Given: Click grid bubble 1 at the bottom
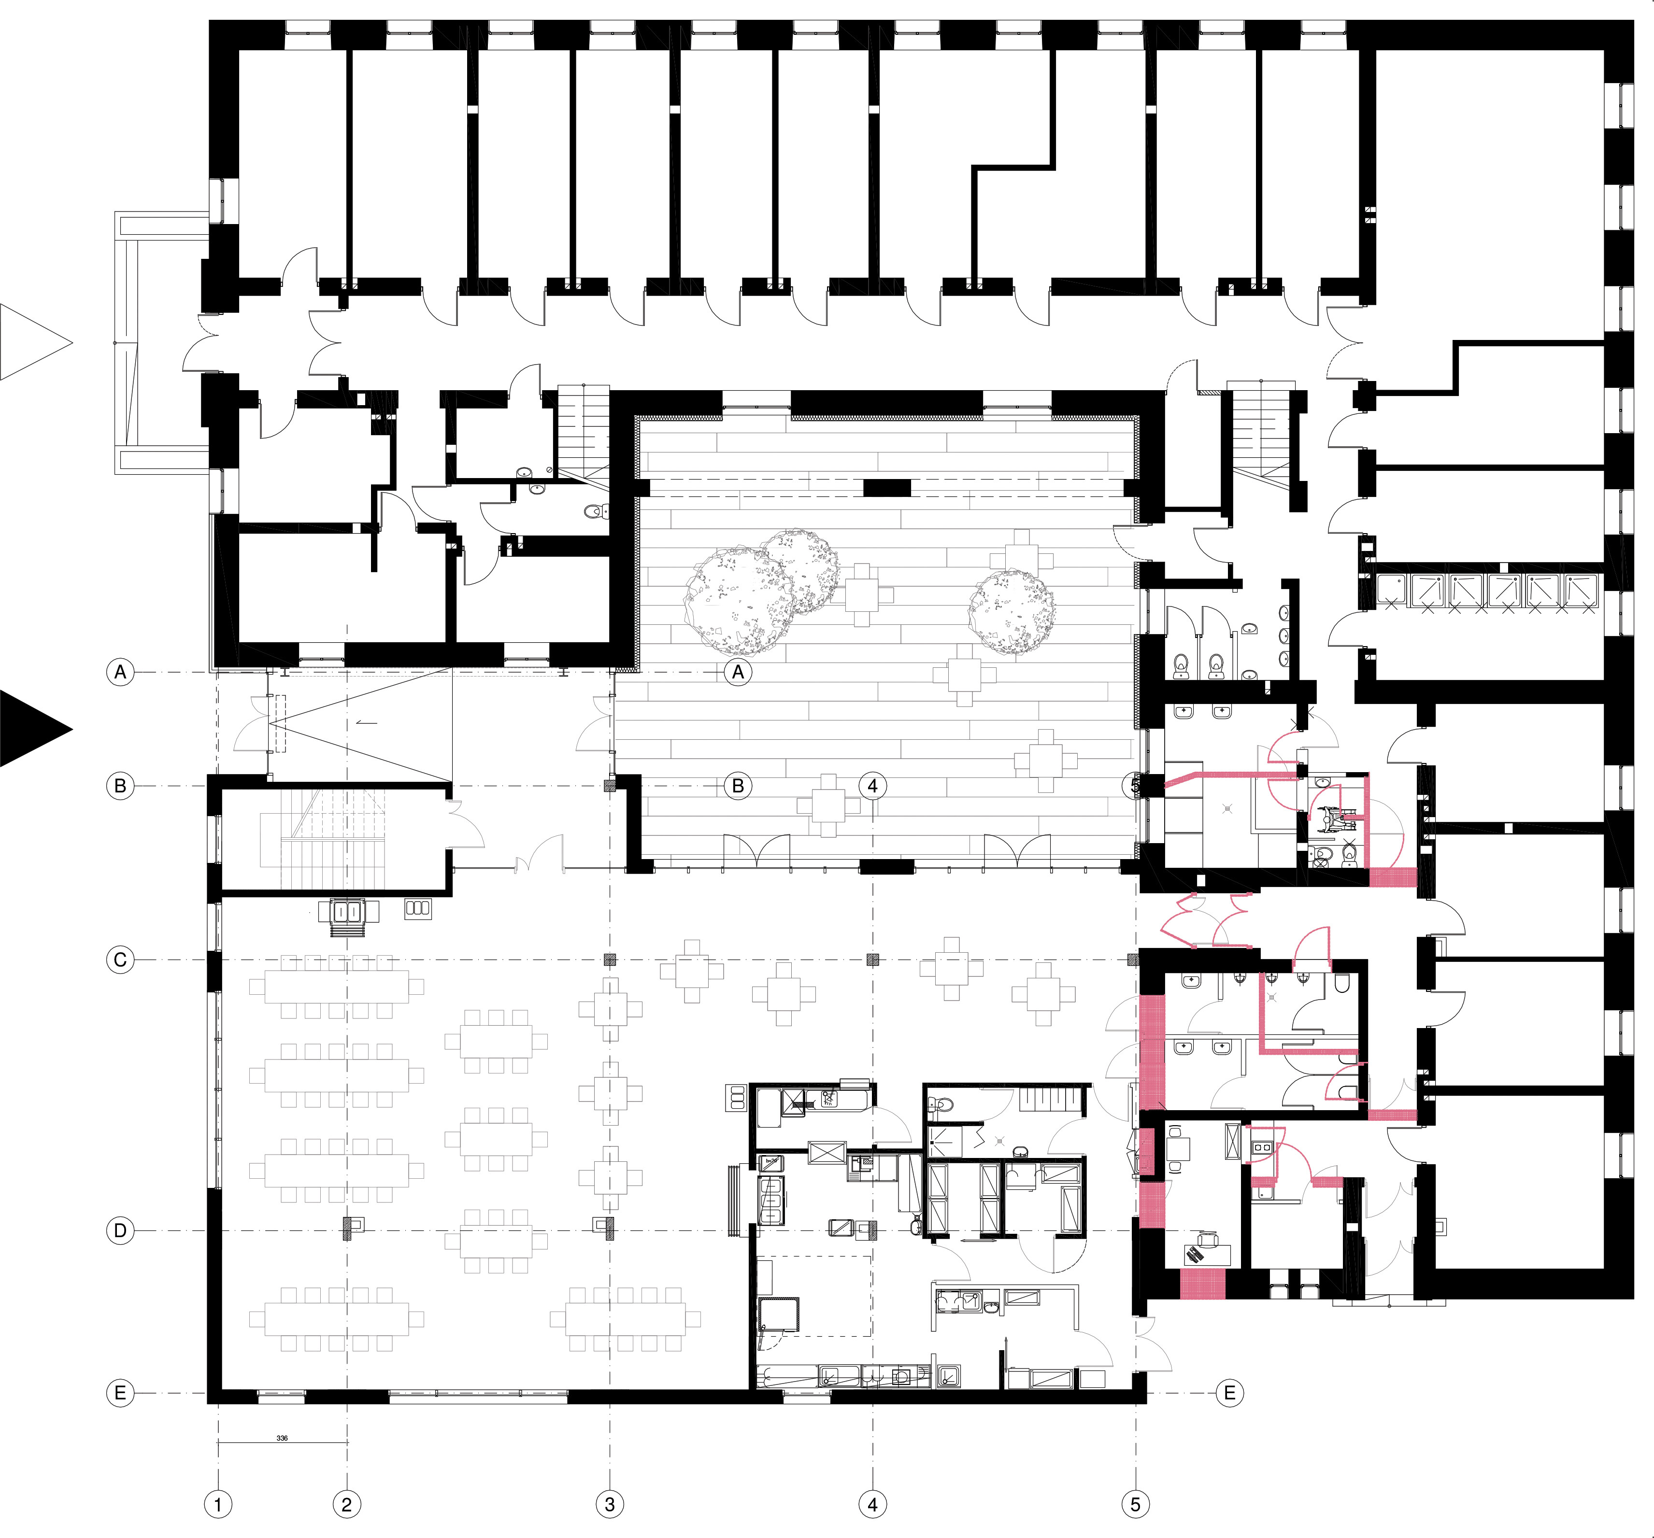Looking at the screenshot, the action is click(218, 1504).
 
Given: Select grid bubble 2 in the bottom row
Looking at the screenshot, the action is click(347, 1504).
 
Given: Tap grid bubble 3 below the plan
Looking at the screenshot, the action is click(610, 1504).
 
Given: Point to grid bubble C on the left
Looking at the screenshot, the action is click(121, 960).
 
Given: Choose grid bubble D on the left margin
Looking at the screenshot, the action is click(121, 1230).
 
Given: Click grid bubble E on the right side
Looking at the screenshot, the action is click(1230, 1393).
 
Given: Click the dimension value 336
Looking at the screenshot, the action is click(282, 1438).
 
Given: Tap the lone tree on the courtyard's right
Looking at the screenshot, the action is click(1012, 611).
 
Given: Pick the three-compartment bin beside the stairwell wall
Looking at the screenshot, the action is click(418, 908).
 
